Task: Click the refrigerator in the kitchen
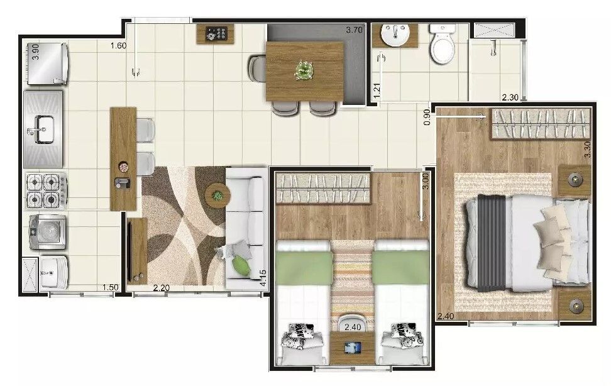tap(47, 63)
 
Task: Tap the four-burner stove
tap(47, 190)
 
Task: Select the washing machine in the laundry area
tap(47, 232)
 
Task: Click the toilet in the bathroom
tap(443, 43)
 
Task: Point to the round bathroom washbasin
tap(395, 35)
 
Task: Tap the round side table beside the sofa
tap(217, 195)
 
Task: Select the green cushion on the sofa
tap(240, 265)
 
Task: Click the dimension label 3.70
tap(354, 30)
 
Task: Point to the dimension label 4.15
tap(263, 278)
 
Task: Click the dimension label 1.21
tap(377, 90)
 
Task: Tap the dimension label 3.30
tap(588, 149)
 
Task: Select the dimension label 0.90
tap(427, 117)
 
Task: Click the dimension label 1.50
tap(110, 287)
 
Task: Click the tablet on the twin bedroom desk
tap(353, 348)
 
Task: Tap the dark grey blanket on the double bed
tap(492, 243)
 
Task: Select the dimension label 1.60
tap(118, 46)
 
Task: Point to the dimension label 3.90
tap(35, 52)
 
